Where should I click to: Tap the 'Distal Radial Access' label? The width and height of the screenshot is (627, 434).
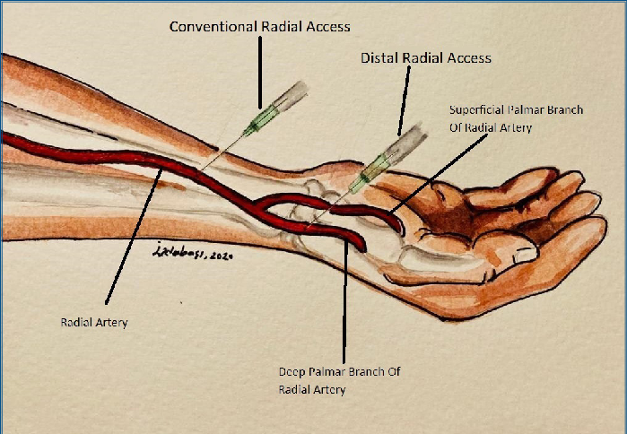pyautogui.click(x=425, y=58)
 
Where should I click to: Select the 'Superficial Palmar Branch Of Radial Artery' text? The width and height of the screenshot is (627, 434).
pyautogui.click(x=516, y=118)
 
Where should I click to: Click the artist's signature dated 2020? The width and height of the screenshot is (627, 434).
pyautogui.click(x=193, y=254)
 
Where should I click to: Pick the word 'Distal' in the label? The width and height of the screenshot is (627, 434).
pyautogui.click(x=379, y=58)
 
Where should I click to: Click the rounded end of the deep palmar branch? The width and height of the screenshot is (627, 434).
pyautogui.click(x=358, y=244)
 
